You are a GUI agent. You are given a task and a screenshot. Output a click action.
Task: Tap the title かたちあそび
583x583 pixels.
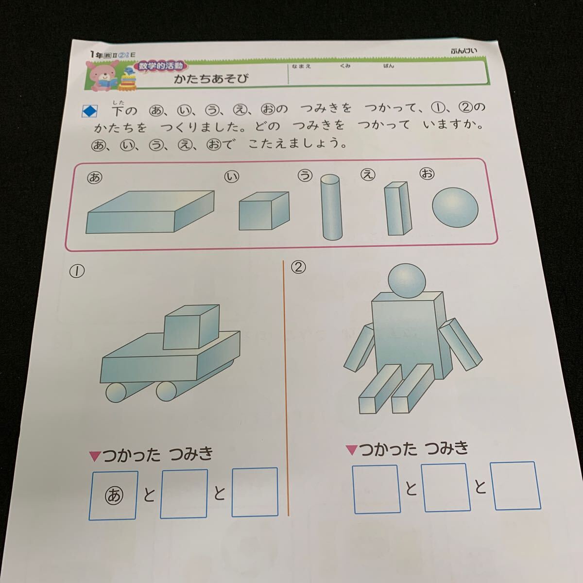[211, 79]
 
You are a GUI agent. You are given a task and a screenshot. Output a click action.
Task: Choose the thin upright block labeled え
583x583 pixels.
[398, 208]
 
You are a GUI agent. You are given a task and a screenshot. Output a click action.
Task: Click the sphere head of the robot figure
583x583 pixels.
[407, 281]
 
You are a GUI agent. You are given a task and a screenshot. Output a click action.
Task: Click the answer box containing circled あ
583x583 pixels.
[114, 495]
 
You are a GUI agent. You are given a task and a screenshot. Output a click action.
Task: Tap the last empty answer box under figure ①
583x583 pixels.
[255, 492]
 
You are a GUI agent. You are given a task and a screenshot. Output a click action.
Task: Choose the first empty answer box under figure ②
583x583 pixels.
[376, 488]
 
